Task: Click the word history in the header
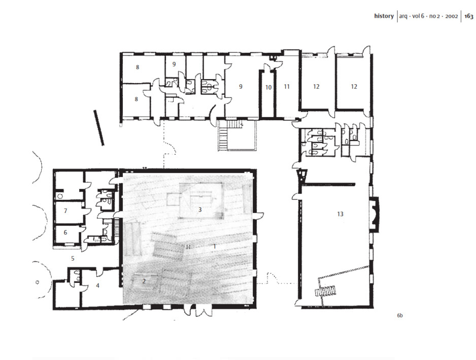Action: tap(384, 16)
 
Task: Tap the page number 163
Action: tap(469, 16)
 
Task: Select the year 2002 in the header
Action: tap(452, 16)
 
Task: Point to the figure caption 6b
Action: tap(400, 315)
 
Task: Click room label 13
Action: tap(340, 214)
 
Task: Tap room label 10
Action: tap(268, 88)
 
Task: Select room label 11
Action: tap(287, 87)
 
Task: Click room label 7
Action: tap(65, 210)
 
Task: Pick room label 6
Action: tap(65, 233)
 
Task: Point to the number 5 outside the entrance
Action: tap(73, 259)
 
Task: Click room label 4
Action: tap(97, 285)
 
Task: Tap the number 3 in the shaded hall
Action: tap(200, 209)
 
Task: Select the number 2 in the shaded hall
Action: tap(144, 281)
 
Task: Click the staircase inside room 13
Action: tap(325, 292)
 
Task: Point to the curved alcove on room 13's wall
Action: tap(374, 214)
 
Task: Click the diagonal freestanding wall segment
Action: tap(99, 128)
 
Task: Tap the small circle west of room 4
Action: tap(38, 282)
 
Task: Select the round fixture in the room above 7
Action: tap(60, 196)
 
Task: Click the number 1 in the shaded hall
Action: tap(214, 246)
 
